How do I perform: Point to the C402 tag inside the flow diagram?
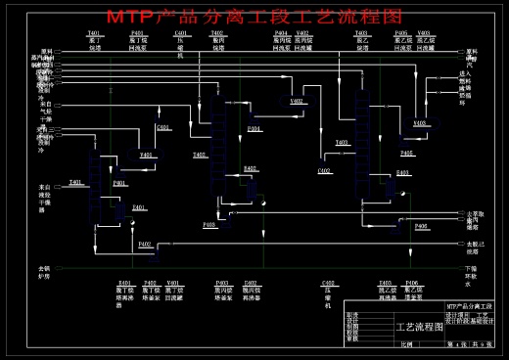click(324, 171)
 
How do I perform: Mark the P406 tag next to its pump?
click(421, 226)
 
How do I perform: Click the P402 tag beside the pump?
click(144, 244)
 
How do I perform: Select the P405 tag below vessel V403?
click(406, 153)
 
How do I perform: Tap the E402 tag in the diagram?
click(251, 168)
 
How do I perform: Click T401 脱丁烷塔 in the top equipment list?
click(95, 40)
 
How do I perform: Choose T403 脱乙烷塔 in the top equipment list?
click(362, 40)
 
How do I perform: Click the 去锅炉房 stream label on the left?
click(43, 271)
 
